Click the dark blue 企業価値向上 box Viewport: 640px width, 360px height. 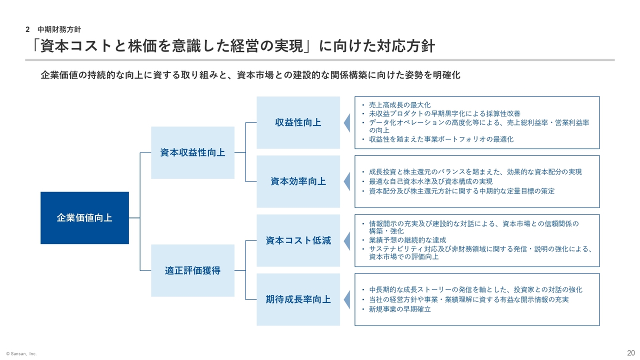84,217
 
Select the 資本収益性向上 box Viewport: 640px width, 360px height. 192,152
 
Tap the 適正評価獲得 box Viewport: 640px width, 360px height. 192,270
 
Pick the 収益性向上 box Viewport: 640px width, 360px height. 298,122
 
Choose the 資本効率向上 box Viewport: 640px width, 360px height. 298,181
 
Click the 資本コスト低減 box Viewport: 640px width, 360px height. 298,240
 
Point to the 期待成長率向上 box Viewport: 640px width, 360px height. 298,299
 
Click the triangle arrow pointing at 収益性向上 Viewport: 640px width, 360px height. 347,123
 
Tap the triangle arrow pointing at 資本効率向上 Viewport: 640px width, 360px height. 347,181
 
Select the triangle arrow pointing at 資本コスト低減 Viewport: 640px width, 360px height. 347,241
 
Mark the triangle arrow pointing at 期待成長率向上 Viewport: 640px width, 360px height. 347,299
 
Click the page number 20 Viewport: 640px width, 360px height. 631,353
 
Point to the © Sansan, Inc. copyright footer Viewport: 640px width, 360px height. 21,353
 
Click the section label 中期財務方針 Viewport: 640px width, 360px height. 59,29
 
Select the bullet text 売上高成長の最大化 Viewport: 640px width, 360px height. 399,105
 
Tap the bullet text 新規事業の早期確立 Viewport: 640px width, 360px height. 399,309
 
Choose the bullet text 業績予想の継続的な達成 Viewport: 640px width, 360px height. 407,239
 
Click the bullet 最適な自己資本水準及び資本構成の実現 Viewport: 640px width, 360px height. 431,181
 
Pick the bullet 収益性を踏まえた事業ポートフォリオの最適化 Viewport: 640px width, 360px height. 441,139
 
